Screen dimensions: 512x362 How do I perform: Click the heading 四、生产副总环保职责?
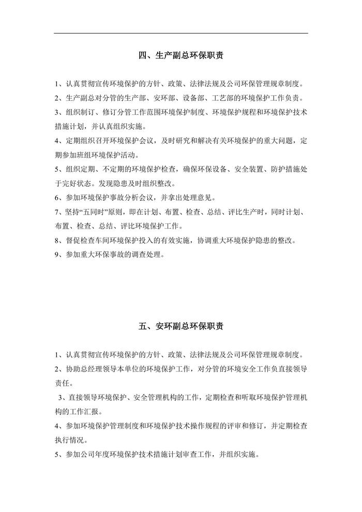[181, 55]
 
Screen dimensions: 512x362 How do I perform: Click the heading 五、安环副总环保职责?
[181, 326]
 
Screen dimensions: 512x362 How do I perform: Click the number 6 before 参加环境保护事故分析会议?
[56, 198]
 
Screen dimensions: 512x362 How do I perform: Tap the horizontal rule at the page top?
[181, 34]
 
